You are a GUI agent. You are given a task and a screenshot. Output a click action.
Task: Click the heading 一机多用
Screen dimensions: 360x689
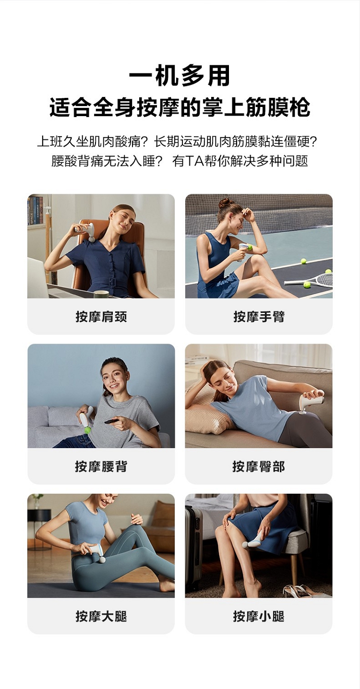tap(180, 75)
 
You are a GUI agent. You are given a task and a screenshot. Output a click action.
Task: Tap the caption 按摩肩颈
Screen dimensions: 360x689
tap(101, 317)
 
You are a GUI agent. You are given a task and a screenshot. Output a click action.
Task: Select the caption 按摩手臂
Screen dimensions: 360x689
tap(259, 317)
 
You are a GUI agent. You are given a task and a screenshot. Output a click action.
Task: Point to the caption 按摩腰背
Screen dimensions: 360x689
tap(101, 466)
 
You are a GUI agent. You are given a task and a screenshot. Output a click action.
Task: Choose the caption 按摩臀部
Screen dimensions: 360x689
tap(259, 466)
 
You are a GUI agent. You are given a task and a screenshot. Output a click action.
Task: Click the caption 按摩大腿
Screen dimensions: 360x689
tap(101, 616)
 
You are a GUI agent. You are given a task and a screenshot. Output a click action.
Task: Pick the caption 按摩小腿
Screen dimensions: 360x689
tap(259, 616)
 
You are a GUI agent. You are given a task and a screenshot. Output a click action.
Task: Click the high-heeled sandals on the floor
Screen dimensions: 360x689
tap(300, 590)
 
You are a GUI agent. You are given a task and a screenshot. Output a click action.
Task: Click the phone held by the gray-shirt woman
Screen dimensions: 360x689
tap(111, 420)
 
